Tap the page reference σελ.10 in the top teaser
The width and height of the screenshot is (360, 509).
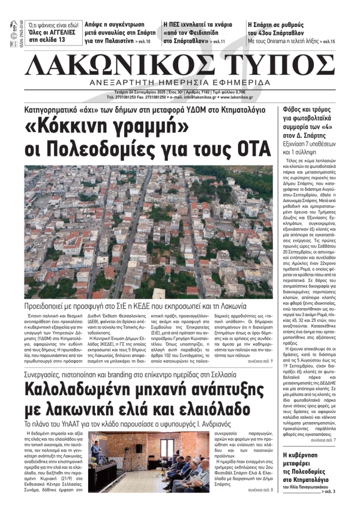click(x=144, y=43)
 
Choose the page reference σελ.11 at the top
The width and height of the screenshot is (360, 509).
click(x=218, y=43)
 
